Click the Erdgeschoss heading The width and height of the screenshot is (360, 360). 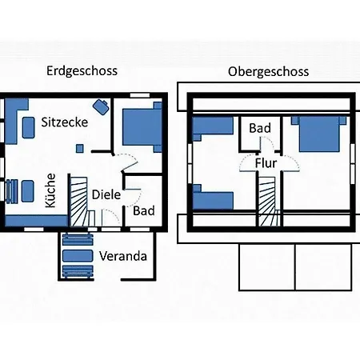click(82, 71)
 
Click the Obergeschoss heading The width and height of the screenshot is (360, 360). click(269, 72)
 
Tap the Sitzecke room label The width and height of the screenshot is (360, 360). click(65, 122)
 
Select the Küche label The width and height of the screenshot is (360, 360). click(50, 190)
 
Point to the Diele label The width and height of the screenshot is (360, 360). click(106, 194)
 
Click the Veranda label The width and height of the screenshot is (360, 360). click(123, 256)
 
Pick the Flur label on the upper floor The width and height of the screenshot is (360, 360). click(266, 163)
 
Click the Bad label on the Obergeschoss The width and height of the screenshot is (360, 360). click(260, 128)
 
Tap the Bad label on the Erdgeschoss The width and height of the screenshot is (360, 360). click(144, 211)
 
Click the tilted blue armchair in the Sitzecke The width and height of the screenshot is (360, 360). click(101, 106)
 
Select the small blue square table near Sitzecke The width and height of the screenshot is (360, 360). click(79, 149)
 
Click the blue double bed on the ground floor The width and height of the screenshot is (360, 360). click(142, 127)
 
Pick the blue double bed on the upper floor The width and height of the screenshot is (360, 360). click(319, 134)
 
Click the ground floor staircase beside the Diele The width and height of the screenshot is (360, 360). click(79, 202)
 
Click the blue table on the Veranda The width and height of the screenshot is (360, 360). click(78, 256)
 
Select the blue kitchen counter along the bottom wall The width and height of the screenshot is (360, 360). click(37, 221)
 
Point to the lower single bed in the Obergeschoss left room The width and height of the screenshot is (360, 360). click(213, 197)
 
